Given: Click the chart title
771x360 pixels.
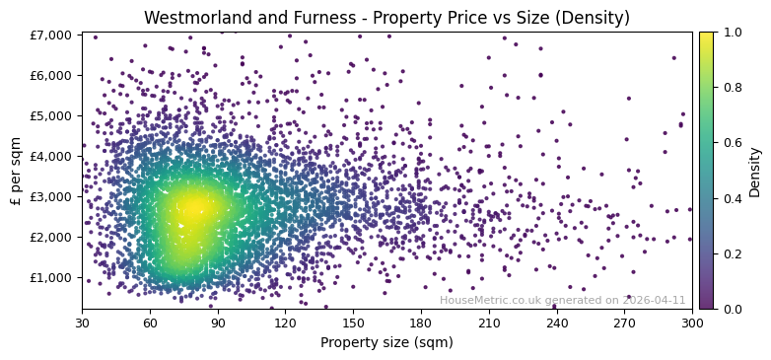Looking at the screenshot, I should (386, 18).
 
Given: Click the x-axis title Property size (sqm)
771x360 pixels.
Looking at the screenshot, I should (386, 343).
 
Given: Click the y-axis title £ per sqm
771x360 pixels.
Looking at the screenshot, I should (16, 171).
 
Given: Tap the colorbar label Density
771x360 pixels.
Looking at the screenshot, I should (755, 171).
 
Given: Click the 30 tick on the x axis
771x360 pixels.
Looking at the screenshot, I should (82, 323).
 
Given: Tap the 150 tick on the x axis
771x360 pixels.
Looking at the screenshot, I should (353, 323).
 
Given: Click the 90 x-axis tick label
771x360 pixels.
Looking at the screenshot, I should (217, 323).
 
